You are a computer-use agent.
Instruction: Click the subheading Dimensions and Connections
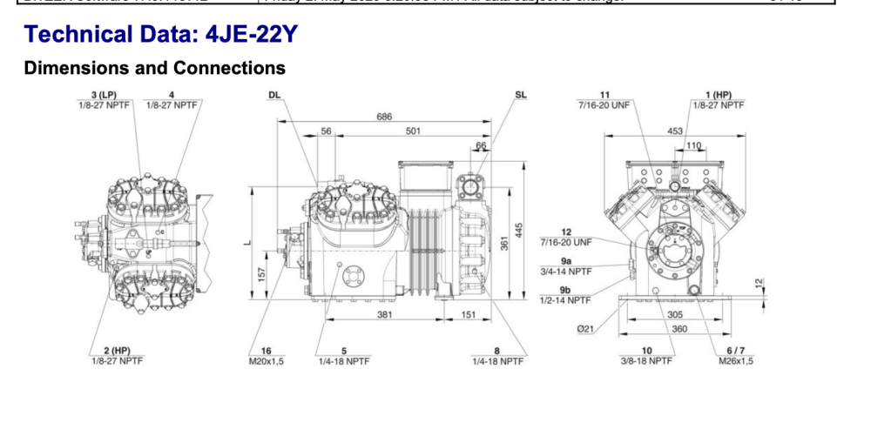click(x=155, y=67)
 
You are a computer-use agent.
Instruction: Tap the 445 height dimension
click(x=520, y=229)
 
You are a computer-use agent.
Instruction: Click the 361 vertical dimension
click(x=503, y=245)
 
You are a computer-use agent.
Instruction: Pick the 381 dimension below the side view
click(x=384, y=315)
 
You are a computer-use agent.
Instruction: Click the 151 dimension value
click(x=469, y=315)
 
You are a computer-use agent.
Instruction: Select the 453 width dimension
click(x=675, y=131)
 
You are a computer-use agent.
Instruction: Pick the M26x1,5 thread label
click(x=736, y=359)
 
